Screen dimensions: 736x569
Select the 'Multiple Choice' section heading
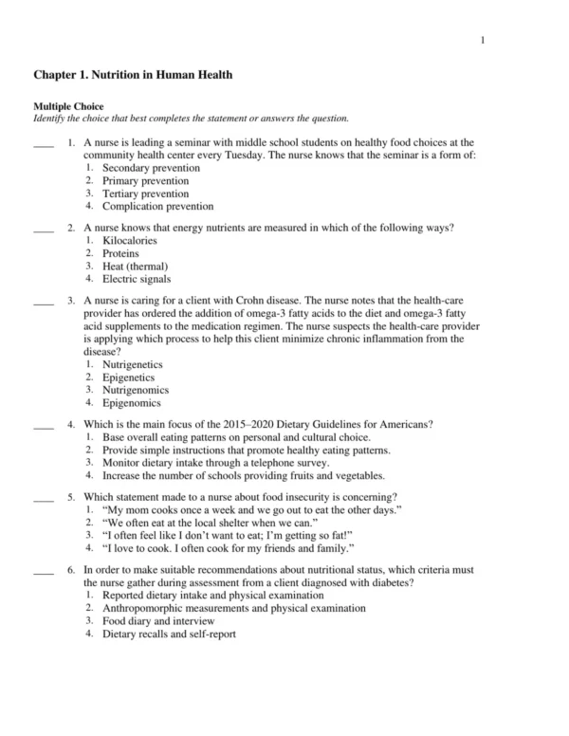coord(69,106)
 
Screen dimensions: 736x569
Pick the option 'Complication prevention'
coord(157,206)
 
